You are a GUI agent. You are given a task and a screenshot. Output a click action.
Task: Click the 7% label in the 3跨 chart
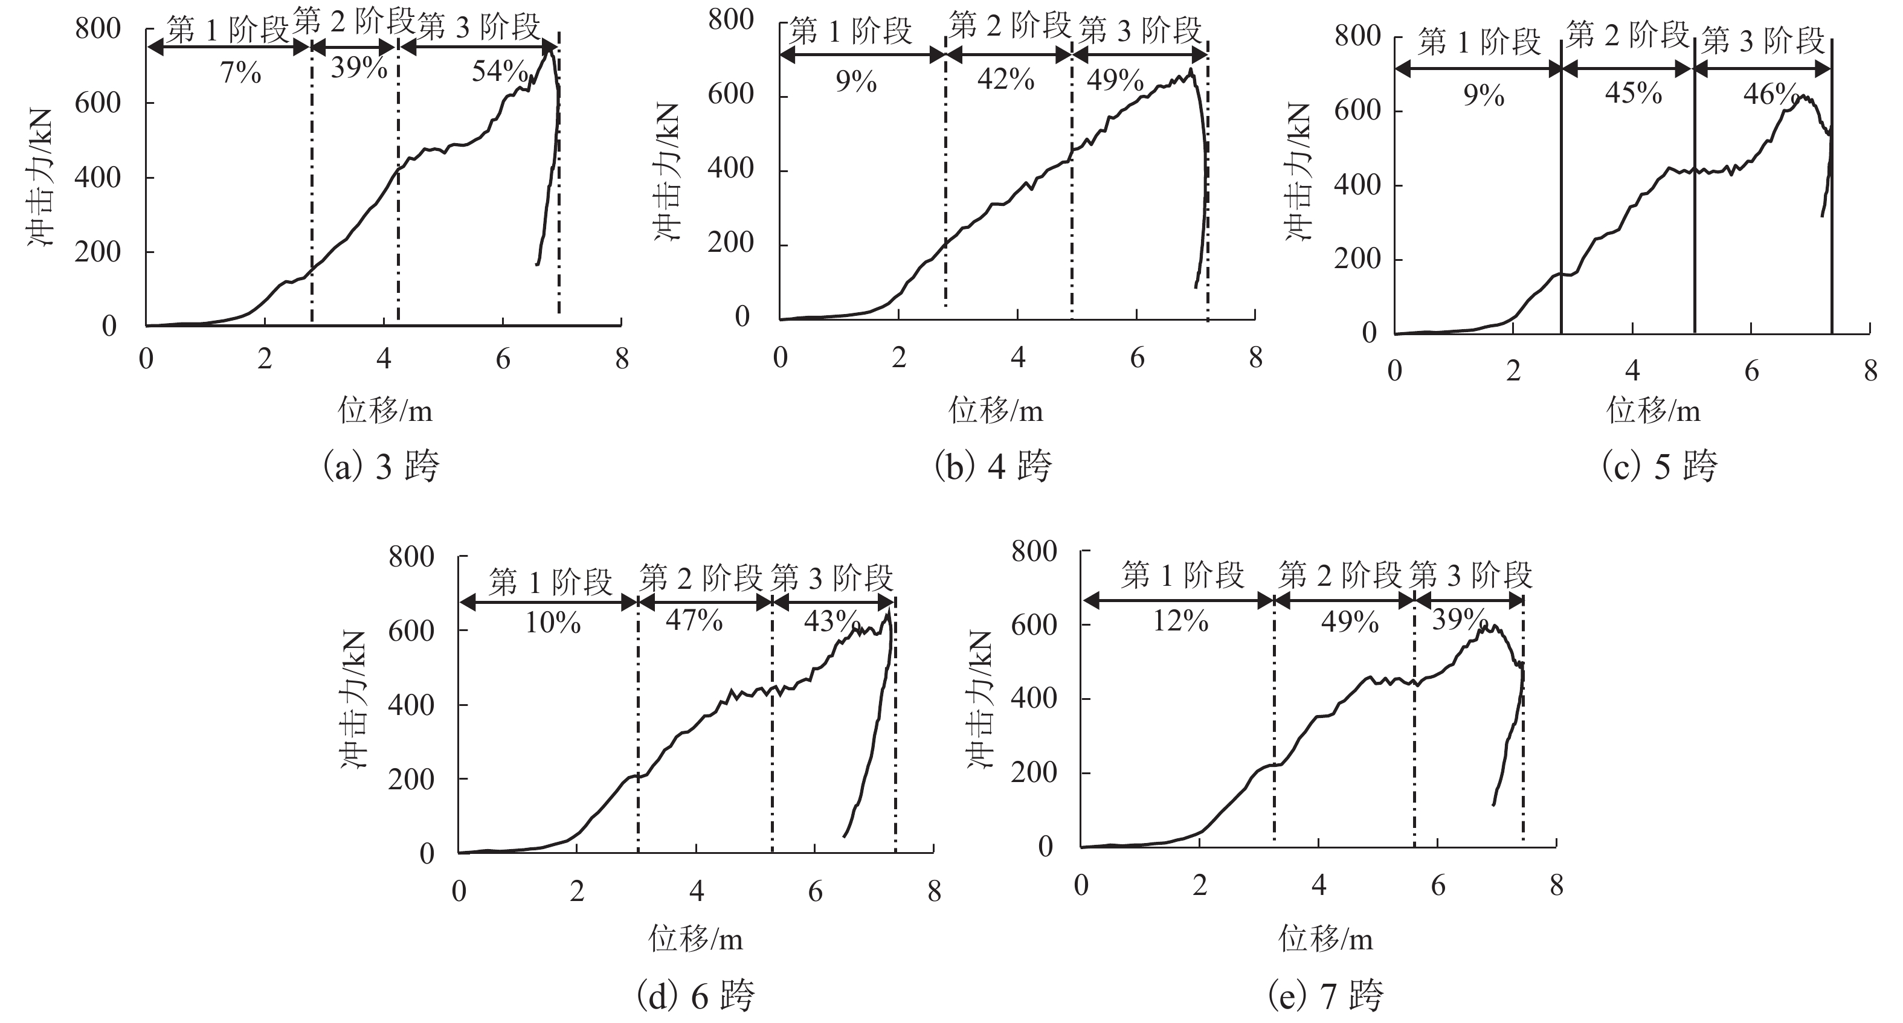[x=241, y=73]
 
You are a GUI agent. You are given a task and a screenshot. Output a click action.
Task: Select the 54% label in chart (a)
[x=500, y=72]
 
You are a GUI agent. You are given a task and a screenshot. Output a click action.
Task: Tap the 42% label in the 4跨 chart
[x=1005, y=79]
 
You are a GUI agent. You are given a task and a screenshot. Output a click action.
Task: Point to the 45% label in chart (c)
[x=1634, y=94]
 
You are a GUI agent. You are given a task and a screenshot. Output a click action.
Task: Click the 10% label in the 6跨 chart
[x=553, y=623]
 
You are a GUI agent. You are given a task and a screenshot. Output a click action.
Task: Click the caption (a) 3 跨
[x=381, y=467]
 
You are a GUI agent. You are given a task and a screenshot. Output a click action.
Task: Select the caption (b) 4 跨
[x=993, y=467]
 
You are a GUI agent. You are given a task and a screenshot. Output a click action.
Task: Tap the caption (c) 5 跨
[x=1659, y=467]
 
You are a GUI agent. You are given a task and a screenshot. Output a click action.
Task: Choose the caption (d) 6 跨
[x=695, y=996]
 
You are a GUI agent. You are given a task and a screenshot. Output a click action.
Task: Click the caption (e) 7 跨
[x=1325, y=996]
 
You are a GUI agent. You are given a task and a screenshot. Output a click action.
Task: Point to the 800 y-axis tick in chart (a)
[x=97, y=30]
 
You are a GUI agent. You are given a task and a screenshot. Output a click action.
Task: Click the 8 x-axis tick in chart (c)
[x=1870, y=371]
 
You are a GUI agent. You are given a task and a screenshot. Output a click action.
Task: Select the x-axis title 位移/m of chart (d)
[x=695, y=939]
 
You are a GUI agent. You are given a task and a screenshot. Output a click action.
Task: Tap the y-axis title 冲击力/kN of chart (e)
[x=981, y=699]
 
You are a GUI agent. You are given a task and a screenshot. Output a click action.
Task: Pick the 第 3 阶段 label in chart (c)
[x=1763, y=40]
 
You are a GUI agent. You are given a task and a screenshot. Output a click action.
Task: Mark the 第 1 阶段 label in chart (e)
[x=1183, y=576]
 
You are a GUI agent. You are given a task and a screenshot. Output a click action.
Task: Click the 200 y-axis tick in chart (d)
[x=411, y=779]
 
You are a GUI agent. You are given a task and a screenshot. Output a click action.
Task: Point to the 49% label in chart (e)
[x=1350, y=622]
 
